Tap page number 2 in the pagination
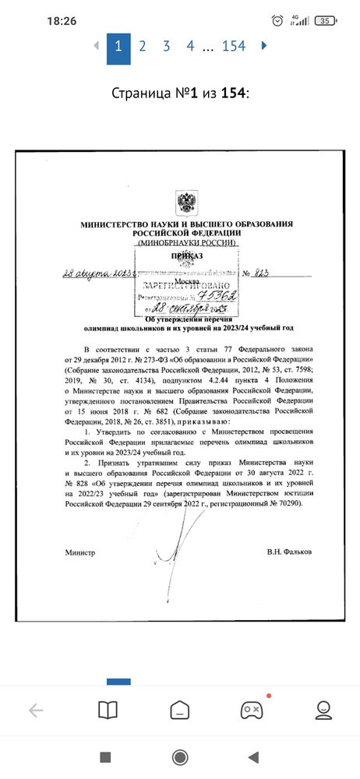point(142,46)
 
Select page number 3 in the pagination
point(166,46)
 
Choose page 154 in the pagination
point(234,46)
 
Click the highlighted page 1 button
point(118,46)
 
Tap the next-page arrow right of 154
point(264,46)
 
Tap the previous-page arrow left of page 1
point(97,46)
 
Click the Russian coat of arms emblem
point(187,203)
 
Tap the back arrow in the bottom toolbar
point(36,710)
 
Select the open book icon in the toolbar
point(107,710)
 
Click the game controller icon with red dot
point(251,710)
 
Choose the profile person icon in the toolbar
point(323,710)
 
